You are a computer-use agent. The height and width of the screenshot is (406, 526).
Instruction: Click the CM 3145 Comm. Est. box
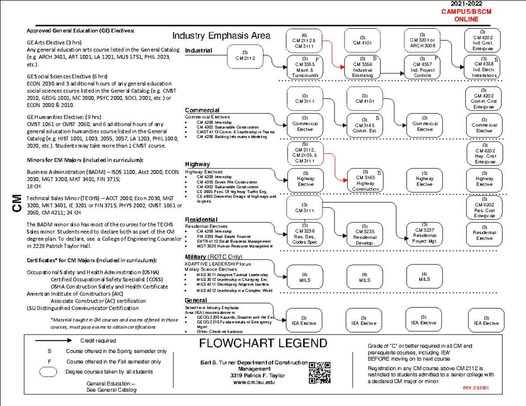coord(363,125)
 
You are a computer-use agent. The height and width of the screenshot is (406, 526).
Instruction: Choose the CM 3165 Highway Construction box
coord(363,180)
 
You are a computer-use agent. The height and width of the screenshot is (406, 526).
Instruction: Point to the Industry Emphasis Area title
coord(221,36)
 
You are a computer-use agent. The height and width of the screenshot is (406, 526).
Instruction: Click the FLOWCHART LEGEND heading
coord(263,343)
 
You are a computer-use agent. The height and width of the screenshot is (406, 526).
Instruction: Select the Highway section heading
coord(197,164)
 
